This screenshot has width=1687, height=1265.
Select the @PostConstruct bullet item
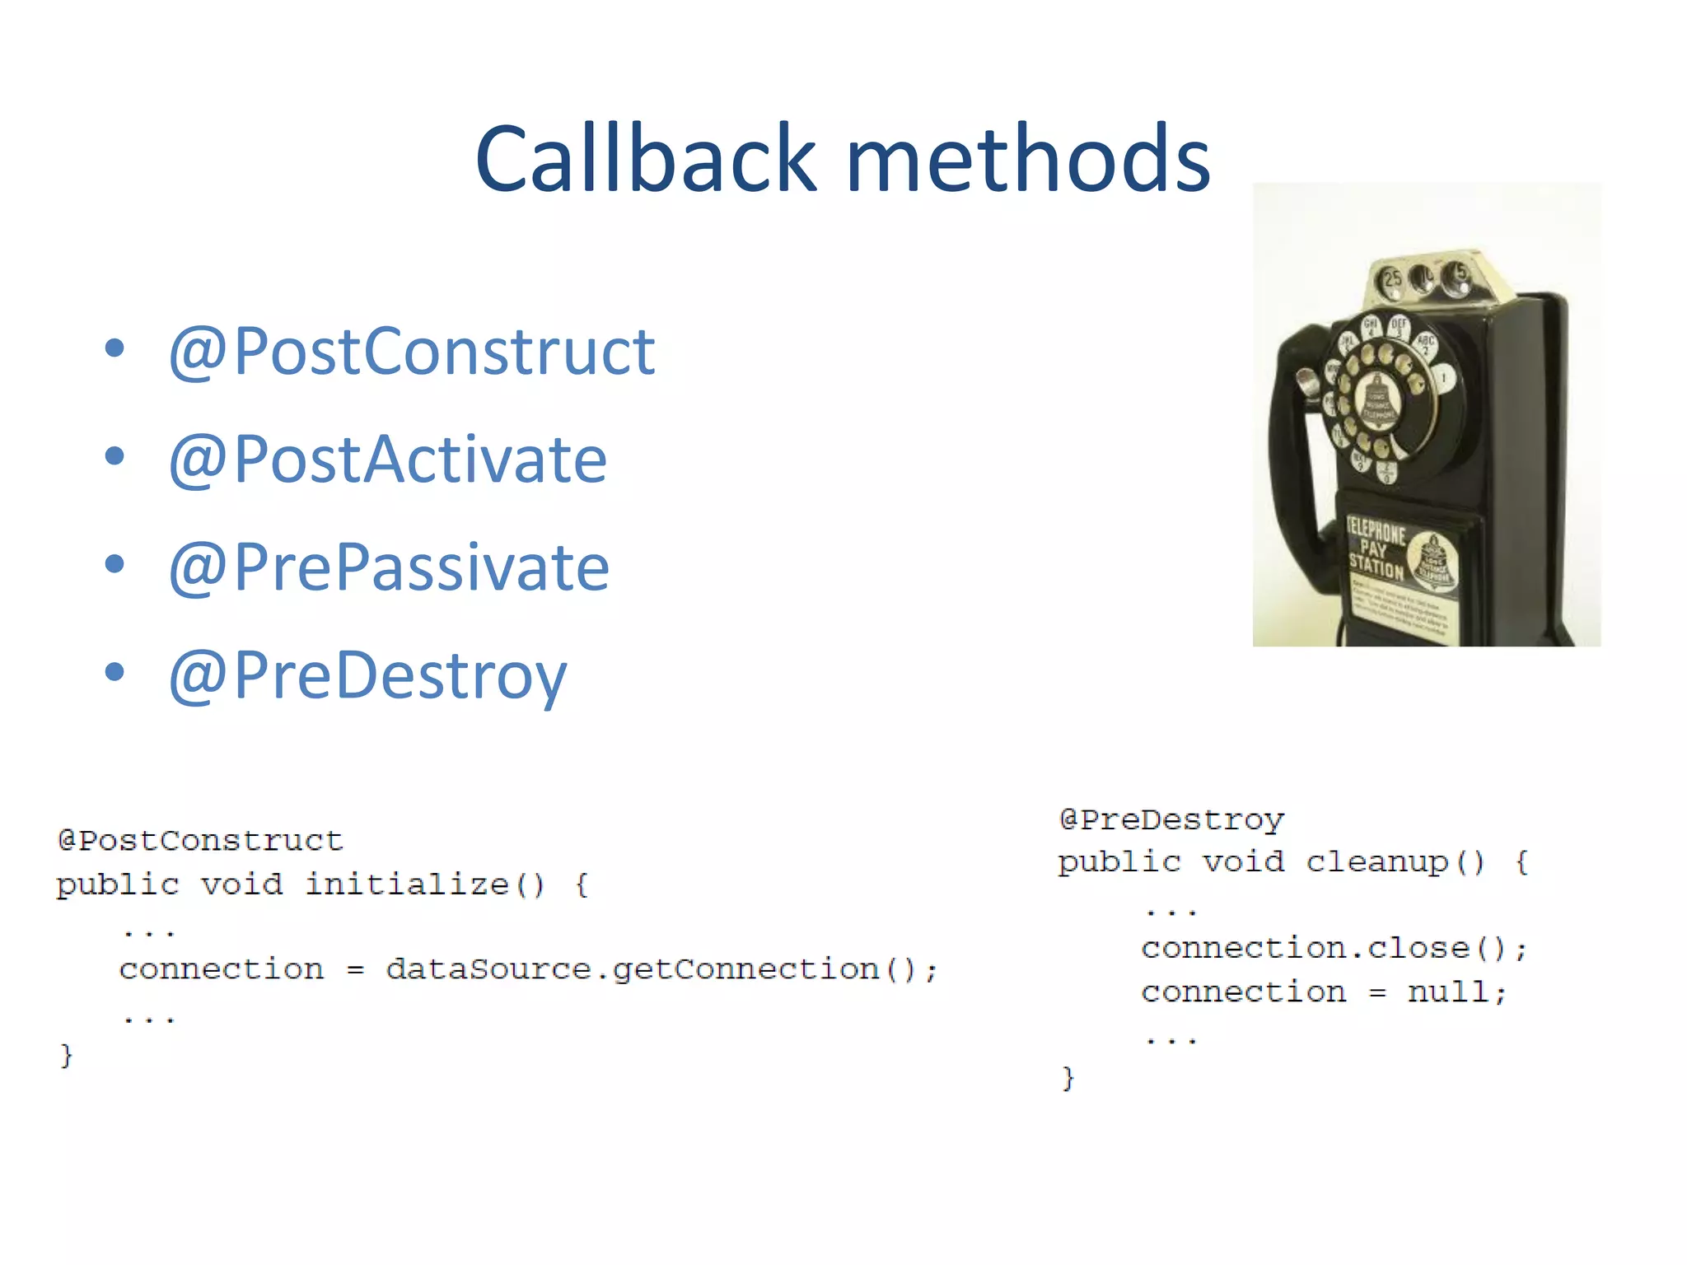pyautogui.click(x=411, y=352)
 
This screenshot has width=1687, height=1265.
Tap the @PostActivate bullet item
pyautogui.click(x=387, y=460)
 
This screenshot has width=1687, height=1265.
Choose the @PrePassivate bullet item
pyautogui.click(x=389, y=567)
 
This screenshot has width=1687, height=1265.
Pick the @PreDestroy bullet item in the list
pyautogui.click(x=367, y=676)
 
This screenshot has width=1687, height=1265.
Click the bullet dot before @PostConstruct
pyautogui.click(x=114, y=348)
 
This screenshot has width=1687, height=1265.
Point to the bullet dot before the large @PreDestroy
pyautogui.click(x=114, y=672)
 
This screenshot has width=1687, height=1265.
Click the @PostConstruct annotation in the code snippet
pyautogui.click(x=200, y=841)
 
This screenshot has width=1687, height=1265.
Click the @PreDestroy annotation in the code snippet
pyautogui.click(x=1171, y=819)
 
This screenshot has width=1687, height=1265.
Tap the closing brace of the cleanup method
pyautogui.click(x=1068, y=1077)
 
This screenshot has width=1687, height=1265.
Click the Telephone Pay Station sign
pyautogui.click(x=1376, y=547)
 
